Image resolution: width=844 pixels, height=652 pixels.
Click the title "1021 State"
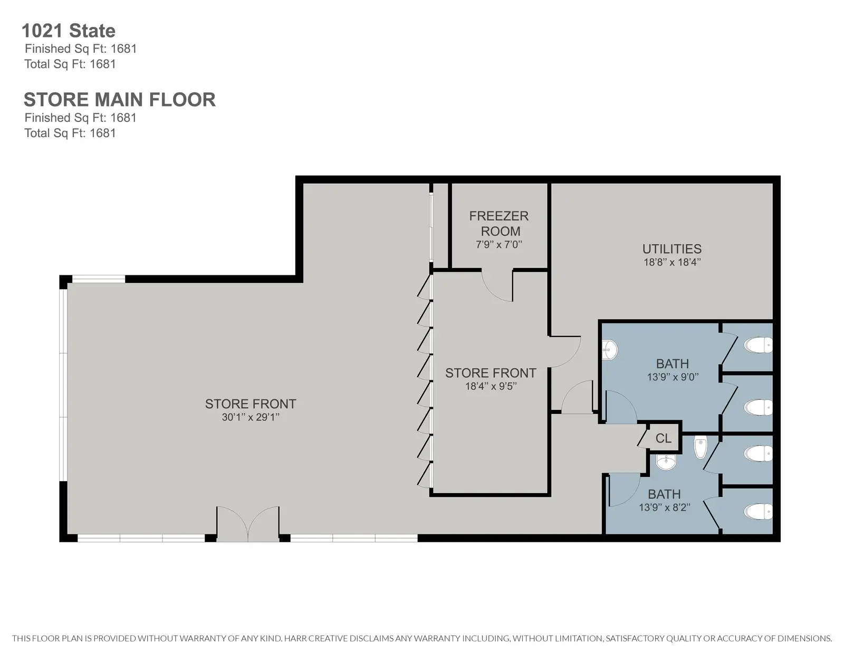[x=69, y=31]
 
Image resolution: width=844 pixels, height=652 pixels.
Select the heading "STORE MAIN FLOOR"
[x=120, y=99]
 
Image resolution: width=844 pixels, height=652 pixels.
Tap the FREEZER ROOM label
[x=499, y=223]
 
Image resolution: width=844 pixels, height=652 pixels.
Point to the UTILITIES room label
[x=672, y=248]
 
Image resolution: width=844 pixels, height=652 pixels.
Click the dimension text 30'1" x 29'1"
[x=251, y=417]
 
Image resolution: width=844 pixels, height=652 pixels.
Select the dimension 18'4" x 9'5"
[x=491, y=386]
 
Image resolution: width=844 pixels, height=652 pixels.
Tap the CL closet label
[x=664, y=438]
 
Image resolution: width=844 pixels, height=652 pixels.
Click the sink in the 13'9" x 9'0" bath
[x=609, y=350]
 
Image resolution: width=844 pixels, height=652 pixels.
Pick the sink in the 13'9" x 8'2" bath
[x=666, y=462]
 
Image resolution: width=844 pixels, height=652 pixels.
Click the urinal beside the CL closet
[x=701, y=447]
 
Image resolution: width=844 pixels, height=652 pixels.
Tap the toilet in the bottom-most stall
[x=758, y=512]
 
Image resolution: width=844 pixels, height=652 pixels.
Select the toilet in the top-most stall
[x=758, y=345]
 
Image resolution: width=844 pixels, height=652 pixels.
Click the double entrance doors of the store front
[x=248, y=524]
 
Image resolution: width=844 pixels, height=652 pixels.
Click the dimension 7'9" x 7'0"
[x=498, y=244]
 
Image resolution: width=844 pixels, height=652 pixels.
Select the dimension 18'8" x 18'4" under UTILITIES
[x=672, y=262]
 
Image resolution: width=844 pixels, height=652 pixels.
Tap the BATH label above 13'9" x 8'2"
[x=664, y=494]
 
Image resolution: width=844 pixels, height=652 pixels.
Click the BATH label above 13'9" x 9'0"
[x=673, y=364]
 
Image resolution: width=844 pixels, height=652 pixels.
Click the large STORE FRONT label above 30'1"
[x=251, y=404]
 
